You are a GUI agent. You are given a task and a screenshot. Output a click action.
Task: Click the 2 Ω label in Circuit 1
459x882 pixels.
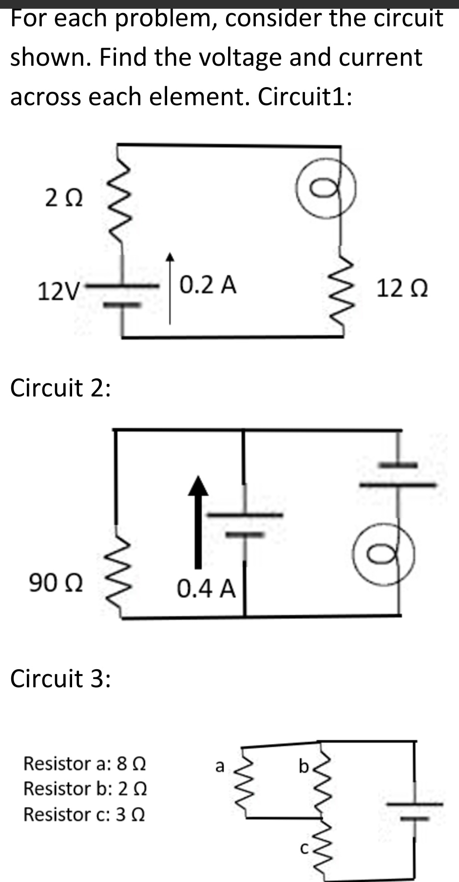pos(64,198)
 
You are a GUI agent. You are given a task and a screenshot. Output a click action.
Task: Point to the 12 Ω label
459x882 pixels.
pos(402,289)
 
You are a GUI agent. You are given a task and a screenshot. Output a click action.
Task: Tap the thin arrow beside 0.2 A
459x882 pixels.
pos(170,287)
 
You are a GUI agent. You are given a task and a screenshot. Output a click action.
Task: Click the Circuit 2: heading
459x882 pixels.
pos(60,388)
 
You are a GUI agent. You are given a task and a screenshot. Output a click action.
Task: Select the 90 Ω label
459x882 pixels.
pos(56,583)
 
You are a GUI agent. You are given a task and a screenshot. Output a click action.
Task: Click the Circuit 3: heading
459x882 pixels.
pos(60,678)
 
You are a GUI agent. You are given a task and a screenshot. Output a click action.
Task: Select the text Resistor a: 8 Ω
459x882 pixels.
pos(85,763)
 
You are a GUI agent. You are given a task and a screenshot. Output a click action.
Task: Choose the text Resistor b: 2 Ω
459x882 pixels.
pos(85,788)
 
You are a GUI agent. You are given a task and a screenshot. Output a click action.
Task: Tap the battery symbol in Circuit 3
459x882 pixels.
pos(415,811)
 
